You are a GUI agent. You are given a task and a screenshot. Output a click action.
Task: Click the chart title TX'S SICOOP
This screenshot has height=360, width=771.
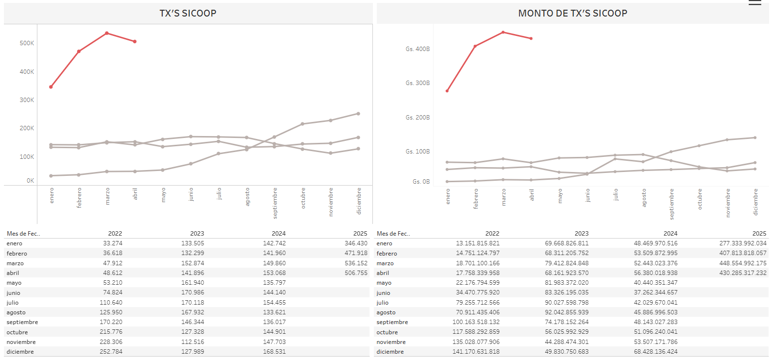coord(188,13)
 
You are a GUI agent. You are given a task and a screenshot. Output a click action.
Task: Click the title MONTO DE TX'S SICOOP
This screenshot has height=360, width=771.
coord(572,13)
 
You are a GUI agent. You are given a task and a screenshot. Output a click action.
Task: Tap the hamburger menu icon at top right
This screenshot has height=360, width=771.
coord(754,3)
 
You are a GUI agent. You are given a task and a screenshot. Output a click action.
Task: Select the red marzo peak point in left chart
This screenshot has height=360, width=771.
coord(107,33)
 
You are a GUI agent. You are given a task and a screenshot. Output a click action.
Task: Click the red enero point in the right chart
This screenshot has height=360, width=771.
coord(447,91)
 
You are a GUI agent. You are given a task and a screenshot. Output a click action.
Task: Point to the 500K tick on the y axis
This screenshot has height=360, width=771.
coord(27,43)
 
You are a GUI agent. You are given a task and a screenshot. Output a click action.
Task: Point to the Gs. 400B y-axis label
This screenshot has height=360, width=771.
coord(418,49)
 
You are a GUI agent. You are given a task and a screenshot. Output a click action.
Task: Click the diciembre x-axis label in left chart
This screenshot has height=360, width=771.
coord(359,201)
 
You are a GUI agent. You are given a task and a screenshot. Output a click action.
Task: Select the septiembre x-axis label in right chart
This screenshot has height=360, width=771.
coord(671,204)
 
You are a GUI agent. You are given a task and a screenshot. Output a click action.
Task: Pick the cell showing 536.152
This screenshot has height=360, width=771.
coord(356,263)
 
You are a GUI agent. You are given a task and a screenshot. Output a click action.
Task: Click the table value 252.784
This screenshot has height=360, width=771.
coord(111,352)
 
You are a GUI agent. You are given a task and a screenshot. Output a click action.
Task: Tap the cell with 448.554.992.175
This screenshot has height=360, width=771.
coord(743,263)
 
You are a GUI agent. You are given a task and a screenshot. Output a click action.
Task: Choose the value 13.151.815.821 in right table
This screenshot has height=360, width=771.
coord(477,243)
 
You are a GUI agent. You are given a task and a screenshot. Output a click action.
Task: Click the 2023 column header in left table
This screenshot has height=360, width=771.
coord(197,234)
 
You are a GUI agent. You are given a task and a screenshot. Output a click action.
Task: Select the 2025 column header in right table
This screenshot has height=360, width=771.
coord(759,234)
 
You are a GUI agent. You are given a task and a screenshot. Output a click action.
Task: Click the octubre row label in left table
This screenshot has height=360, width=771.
coord(17,332)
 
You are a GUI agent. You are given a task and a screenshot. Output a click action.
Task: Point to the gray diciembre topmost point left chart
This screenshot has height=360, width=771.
coord(358,114)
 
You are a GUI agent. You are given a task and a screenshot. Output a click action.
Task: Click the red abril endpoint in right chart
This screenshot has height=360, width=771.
coord(531,38)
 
